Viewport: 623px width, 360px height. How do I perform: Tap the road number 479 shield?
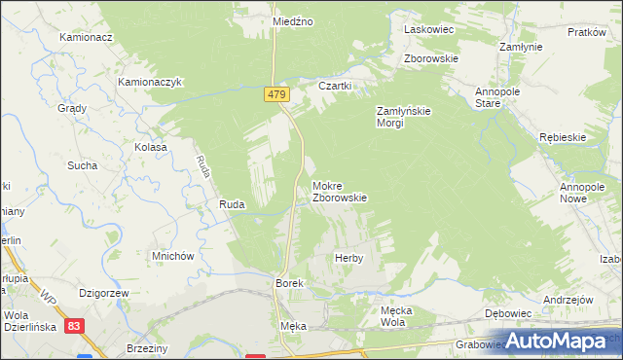[x=275, y=93]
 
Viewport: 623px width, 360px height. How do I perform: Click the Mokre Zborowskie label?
[x=339, y=192]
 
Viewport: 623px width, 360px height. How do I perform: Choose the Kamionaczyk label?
[x=151, y=83]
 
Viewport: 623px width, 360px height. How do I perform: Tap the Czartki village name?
[x=335, y=86]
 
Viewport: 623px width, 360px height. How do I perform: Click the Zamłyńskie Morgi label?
[x=404, y=117]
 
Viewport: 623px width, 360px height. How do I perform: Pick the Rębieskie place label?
[x=563, y=137]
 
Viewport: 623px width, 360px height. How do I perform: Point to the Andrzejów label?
[x=568, y=300]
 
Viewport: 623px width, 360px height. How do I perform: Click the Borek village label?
[x=290, y=282]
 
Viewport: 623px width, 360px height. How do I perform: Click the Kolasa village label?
[x=151, y=147]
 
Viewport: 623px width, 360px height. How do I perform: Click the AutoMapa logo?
[x=559, y=341]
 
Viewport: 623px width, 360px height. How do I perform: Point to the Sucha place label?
[x=82, y=165]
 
